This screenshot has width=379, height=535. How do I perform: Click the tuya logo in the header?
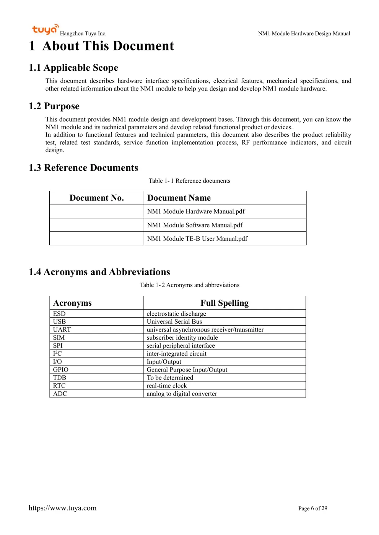point(45,29)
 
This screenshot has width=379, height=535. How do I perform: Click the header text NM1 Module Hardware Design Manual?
point(304,34)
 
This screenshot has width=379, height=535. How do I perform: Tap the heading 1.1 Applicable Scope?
point(73,68)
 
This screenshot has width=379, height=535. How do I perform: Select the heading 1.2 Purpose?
point(54,106)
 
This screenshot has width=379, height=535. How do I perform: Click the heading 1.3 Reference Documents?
point(83,168)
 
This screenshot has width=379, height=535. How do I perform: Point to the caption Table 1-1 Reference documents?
point(189,181)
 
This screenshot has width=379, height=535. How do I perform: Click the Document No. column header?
point(97,198)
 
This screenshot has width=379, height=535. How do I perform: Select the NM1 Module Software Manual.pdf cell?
point(195,225)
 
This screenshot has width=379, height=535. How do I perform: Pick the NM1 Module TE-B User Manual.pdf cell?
point(197,238)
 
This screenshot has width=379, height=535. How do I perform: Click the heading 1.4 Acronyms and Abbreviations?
point(99,272)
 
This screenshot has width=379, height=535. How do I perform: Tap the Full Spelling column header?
point(224,303)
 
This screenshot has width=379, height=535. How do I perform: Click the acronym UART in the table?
point(62,329)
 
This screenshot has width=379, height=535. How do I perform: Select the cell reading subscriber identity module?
point(182,337)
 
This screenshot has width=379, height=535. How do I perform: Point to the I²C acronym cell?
point(57,353)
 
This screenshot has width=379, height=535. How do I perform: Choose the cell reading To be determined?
point(170,378)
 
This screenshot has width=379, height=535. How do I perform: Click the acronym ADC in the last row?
point(60,394)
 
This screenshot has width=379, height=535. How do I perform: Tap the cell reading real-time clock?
point(167,386)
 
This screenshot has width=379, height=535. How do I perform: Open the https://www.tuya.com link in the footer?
point(62,508)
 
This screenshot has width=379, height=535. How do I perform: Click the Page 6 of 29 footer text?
point(312,508)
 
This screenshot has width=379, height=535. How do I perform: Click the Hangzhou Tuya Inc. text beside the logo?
point(83,34)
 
